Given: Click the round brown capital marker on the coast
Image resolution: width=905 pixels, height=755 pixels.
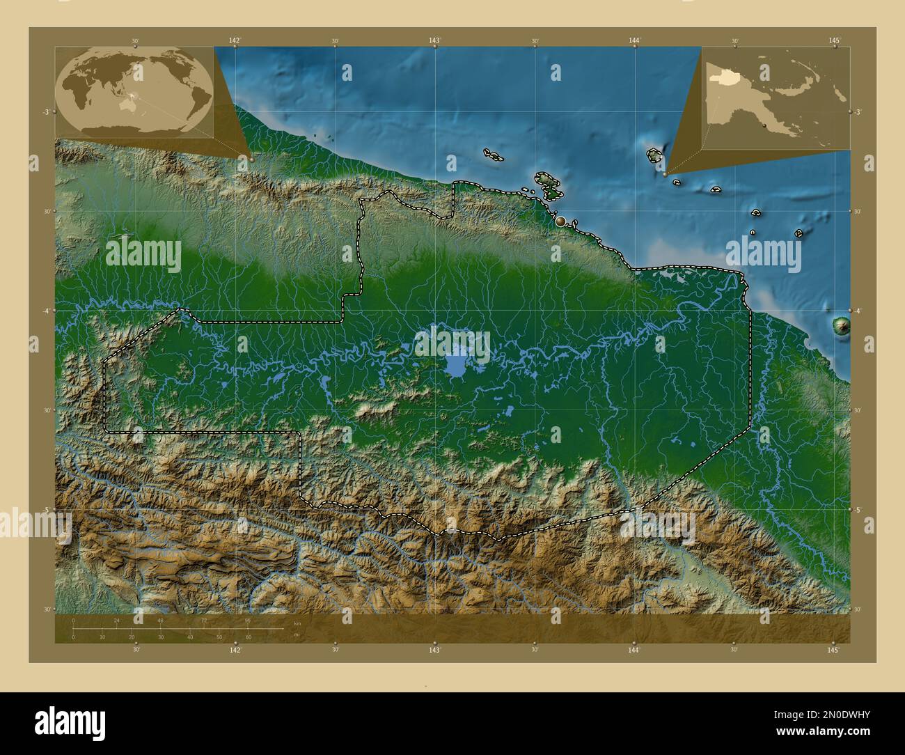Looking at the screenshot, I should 560,221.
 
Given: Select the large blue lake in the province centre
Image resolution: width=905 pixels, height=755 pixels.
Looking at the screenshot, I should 457,364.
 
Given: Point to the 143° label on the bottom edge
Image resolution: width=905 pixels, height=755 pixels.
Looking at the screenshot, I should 434,650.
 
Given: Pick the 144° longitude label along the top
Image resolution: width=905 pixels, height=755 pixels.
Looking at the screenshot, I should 633,40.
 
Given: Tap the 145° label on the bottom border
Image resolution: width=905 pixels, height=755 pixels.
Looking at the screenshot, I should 833,650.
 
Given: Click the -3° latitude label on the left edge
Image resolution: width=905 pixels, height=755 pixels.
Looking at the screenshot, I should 45,111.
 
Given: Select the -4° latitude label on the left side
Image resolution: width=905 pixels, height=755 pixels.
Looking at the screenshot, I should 45,311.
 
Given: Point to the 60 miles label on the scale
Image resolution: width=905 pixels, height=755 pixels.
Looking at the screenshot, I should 248,637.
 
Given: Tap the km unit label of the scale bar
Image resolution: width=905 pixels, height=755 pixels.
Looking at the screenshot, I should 297,623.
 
